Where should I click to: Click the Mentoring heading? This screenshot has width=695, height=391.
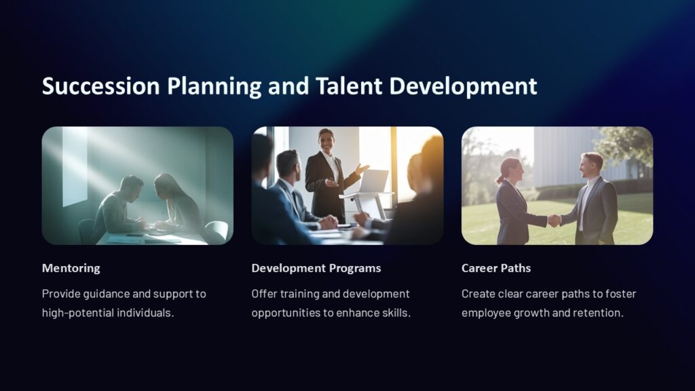71,268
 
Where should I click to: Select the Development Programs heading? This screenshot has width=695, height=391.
316,268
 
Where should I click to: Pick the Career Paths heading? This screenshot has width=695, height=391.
495,268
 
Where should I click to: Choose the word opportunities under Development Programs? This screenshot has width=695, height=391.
286,313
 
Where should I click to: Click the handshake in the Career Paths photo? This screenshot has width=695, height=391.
555,220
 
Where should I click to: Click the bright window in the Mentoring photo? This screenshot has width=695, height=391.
75,166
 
